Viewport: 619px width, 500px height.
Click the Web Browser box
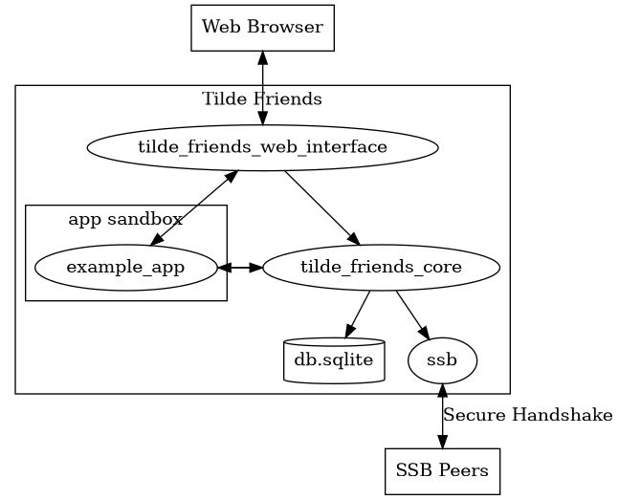[262, 27]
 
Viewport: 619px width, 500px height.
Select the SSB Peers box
[442, 470]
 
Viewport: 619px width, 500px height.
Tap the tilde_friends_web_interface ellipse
[262, 147]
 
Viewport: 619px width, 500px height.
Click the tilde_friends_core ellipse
[381, 267]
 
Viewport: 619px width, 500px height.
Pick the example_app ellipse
[125, 267]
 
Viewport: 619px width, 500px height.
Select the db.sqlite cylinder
[334, 360]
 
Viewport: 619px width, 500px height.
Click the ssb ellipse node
[442, 360]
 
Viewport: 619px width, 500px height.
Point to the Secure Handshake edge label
[527, 415]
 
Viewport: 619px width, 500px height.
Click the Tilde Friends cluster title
[262, 98]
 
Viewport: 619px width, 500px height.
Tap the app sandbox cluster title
[125, 219]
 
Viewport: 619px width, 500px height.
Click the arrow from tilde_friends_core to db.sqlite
[359, 310]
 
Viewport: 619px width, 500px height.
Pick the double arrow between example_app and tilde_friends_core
[239, 268]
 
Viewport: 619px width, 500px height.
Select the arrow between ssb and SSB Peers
[442, 415]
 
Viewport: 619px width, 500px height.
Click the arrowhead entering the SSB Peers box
[442, 441]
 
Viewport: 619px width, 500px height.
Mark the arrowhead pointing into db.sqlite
[345, 332]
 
